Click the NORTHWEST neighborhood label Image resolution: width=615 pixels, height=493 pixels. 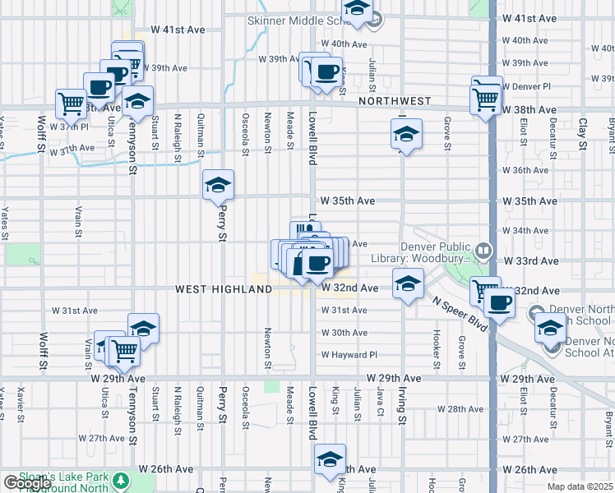click(395, 101)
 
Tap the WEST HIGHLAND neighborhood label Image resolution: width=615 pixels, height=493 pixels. click(223, 289)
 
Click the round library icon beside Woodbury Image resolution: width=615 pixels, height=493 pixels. click(484, 249)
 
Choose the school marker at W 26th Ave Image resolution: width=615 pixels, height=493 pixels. click(330, 458)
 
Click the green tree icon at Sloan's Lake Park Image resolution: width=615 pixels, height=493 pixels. click(122, 479)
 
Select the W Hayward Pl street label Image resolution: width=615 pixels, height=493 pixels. click(349, 355)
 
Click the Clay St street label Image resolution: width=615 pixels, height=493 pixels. click(582, 128)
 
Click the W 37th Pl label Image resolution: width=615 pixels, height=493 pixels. click(68, 127)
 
